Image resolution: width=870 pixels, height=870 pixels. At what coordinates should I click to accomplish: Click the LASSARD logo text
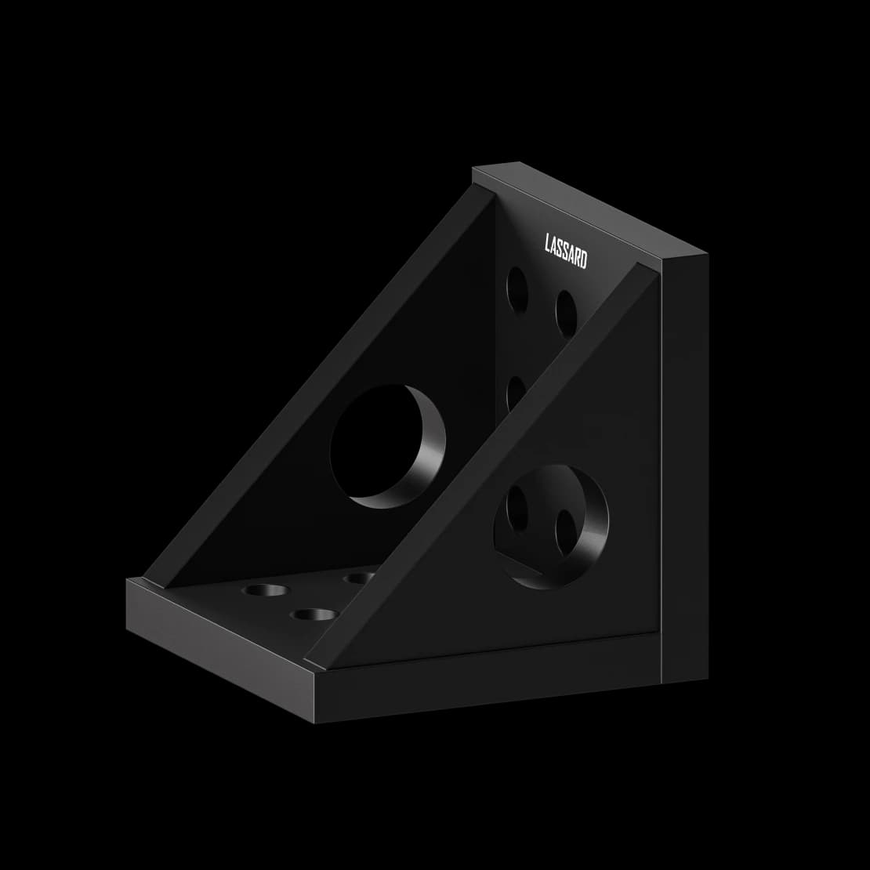coord(565,251)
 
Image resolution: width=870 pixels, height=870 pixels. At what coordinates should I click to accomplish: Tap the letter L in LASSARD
coord(548,243)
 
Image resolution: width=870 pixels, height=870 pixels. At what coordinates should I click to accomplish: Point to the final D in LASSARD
coord(583,259)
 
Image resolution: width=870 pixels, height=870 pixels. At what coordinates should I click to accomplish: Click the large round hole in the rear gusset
coord(388,446)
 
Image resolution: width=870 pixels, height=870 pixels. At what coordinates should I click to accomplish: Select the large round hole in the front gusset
coord(551,527)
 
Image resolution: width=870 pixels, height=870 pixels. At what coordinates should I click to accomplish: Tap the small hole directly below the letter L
coord(517,290)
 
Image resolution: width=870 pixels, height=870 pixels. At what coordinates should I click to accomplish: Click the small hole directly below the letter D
coord(567,314)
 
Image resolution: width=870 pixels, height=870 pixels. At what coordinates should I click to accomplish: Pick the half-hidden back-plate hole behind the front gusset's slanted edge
coord(515,393)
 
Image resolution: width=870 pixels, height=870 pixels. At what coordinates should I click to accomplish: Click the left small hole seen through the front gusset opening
coord(517,508)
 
